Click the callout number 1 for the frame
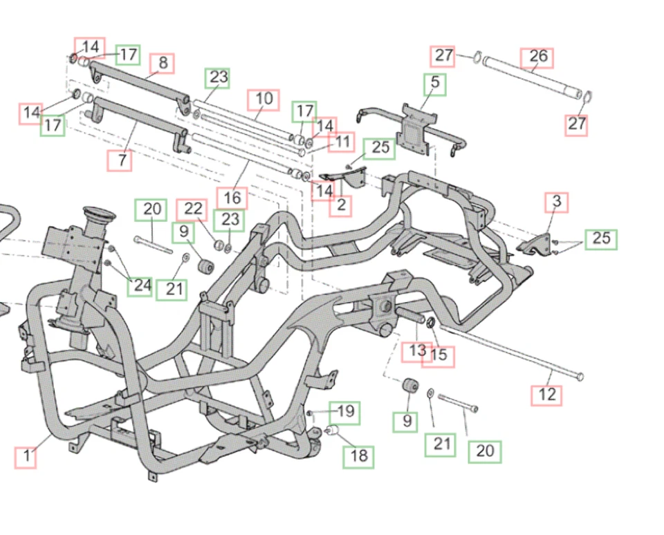point(26,457)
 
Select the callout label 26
point(537,57)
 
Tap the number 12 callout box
point(546,395)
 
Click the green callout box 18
point(359,456)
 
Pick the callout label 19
point(344,413)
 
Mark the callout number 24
point(141,285)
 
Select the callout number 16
point(232,198)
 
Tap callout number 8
point(163,63)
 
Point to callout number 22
point(192,209)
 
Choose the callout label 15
point(439,356)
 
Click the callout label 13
point(417,351)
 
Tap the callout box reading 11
point(342,142)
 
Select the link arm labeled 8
point(138,82)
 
